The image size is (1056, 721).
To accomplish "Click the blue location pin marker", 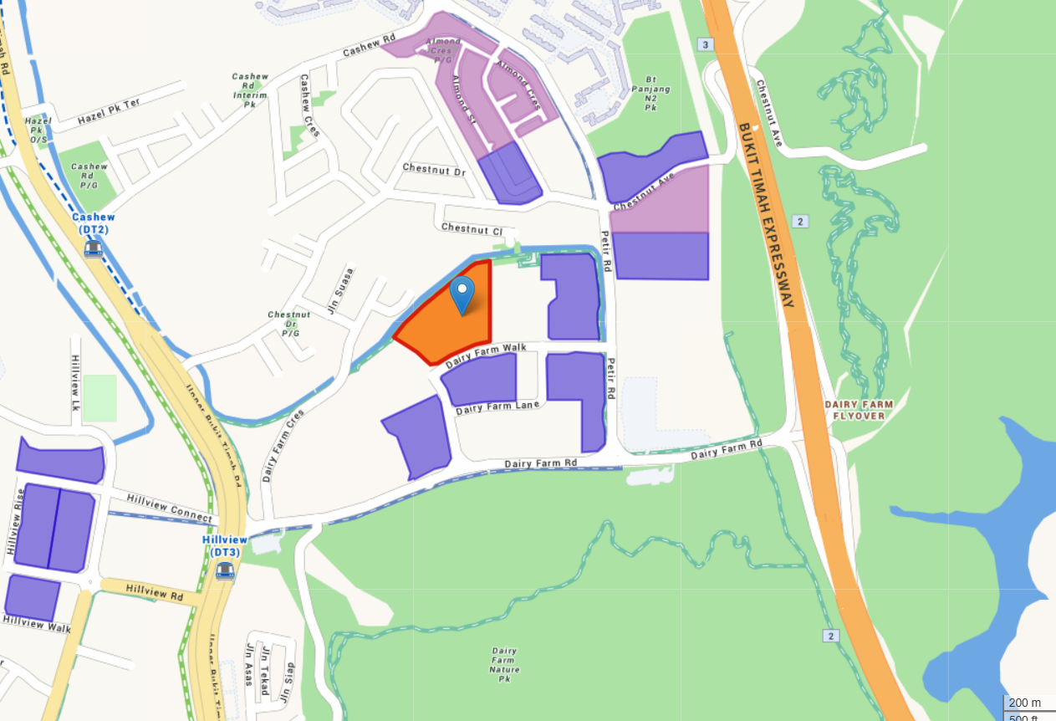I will click(462, 294).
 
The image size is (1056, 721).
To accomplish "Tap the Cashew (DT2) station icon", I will click(93, 248).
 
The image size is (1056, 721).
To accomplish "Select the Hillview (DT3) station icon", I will click(224, 570).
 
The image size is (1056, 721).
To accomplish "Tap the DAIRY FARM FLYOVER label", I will click(859, 410).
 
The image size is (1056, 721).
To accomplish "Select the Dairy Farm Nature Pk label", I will click(504, 664).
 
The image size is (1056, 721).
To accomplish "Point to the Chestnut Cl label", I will click(472, 228).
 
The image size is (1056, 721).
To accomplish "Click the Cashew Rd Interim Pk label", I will click(250, 90).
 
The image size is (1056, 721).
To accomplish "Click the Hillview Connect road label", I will click(169, 508).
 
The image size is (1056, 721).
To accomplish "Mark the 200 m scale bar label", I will click(1025, 703).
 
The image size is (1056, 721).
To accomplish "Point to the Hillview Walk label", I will click(37, 623).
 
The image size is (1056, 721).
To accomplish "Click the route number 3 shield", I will click(707, 44).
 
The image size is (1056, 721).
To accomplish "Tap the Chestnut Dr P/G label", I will click(289, 324).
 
